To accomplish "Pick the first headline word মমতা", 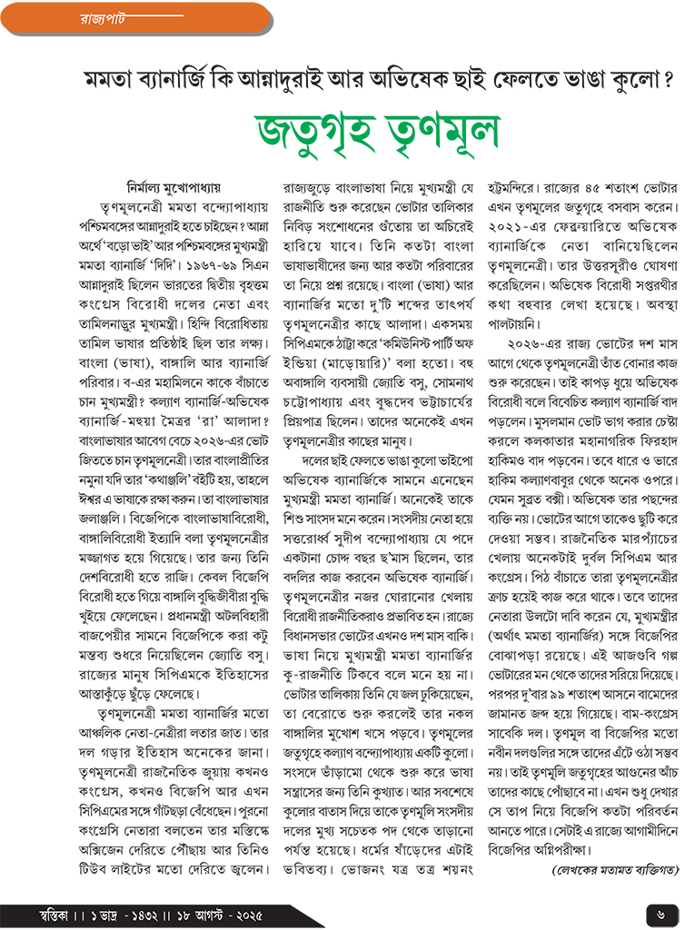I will click(x=109, y=79).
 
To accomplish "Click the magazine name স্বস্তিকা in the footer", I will click(x=33, y=912).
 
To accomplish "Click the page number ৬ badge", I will click(x=660, y=911).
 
